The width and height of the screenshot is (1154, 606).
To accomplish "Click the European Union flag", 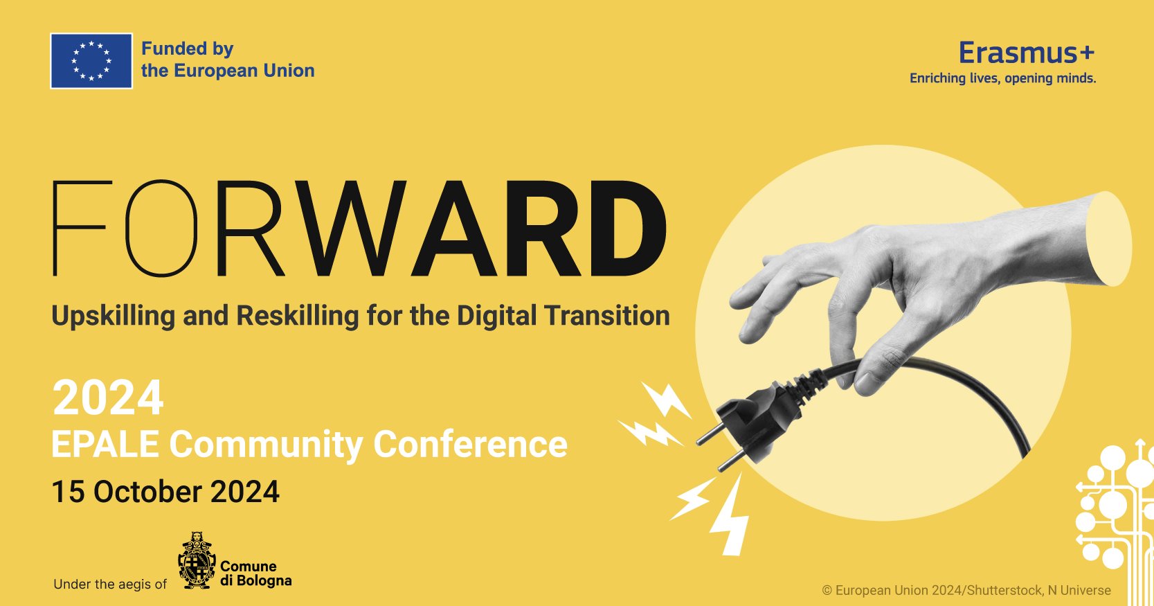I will [91, 61].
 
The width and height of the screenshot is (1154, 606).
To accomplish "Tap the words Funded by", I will [187, 49].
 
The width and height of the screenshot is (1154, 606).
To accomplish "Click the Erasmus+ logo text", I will [1027, 53].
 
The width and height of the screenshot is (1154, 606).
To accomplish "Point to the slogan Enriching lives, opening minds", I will [1002, 78].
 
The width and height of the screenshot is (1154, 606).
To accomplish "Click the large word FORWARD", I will [359, 229].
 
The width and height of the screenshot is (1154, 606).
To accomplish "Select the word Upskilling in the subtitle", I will [114, 316].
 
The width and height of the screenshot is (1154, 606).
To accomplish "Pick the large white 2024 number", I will [108, 398].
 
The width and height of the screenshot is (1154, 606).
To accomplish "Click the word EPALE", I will [105, 444].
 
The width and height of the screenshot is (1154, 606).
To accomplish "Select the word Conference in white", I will [470, 444].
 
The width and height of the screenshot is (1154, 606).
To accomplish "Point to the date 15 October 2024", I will [165, 492].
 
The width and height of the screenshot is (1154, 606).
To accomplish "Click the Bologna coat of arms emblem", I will [197, 561].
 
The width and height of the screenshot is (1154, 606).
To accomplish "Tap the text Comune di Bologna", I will [255, 573].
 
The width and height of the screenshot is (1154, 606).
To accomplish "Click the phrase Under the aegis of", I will [110, 585].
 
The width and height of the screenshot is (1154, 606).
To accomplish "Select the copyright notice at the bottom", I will [966, 591].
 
